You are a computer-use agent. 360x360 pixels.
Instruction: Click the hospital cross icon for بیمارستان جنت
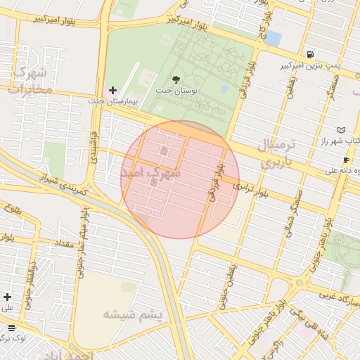pos(113,90)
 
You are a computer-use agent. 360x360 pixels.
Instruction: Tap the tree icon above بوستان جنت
pos(176,79)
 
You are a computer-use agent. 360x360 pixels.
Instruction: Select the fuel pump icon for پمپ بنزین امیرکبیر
pos(310,54)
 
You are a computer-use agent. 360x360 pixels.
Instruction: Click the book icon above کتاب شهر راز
pos(342,130)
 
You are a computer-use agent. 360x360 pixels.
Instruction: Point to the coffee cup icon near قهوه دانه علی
pos(346,160)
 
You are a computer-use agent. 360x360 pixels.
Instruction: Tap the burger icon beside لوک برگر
pos(11,328)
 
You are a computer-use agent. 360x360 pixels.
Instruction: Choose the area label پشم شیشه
pos(133,314)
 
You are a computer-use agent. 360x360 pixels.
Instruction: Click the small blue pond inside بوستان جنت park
pos(224,89)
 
